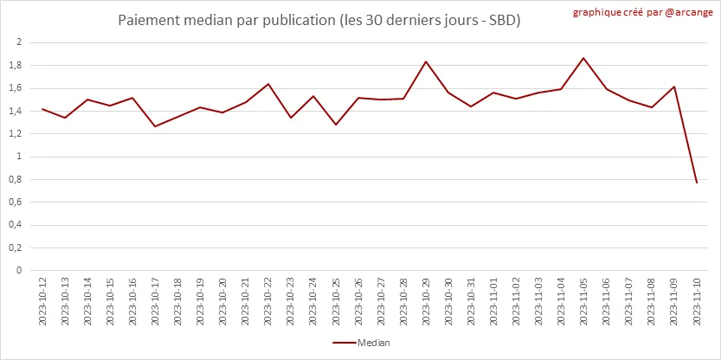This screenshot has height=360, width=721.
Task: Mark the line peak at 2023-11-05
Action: [x=583, y=58]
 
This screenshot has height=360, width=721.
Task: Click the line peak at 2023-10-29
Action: [x=426, y=61]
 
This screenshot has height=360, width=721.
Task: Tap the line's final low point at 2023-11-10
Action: [x=697, y=183]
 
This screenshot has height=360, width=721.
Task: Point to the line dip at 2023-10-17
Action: [x=155, y=126]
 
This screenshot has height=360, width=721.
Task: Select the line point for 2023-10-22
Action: [x=268, y=84]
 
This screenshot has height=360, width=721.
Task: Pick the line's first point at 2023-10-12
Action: [x=42, y=109]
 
